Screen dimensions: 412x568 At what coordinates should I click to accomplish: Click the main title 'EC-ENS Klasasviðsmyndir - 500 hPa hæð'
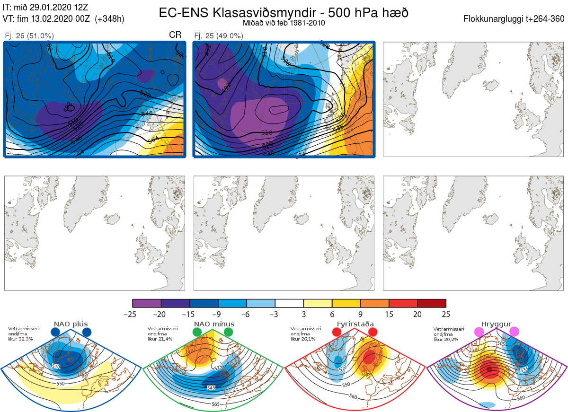[284, 12]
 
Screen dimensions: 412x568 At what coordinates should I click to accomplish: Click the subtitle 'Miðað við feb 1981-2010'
[284, 23]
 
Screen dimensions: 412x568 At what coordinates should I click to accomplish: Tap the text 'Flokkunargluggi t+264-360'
[515, 19]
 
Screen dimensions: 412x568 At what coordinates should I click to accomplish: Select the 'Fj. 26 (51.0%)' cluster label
[29, 36]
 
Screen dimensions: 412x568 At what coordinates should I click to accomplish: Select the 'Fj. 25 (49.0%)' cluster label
[219, 36]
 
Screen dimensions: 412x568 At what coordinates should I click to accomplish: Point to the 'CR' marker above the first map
[175, 35]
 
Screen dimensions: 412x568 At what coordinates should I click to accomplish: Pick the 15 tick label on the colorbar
[389, 314]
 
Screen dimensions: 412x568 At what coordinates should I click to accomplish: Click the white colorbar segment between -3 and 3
[289, 303]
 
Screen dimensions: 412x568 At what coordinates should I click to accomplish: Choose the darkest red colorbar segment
[432, 303]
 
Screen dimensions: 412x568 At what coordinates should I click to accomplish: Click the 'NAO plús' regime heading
[71, 324]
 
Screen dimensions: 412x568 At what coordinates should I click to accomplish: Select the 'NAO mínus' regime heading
[214, 324]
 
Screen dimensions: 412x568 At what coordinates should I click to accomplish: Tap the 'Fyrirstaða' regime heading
[355, 324]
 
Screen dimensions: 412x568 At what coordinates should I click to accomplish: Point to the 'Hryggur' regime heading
[497, 324]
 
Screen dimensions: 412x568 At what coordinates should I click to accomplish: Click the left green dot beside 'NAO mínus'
[197, 333]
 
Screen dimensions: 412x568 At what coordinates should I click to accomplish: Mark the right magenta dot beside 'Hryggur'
[514, 332]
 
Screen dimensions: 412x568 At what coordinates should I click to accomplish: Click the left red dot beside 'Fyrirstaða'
[337, 333]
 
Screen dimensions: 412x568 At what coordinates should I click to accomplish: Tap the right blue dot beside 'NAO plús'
[87, 333]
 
